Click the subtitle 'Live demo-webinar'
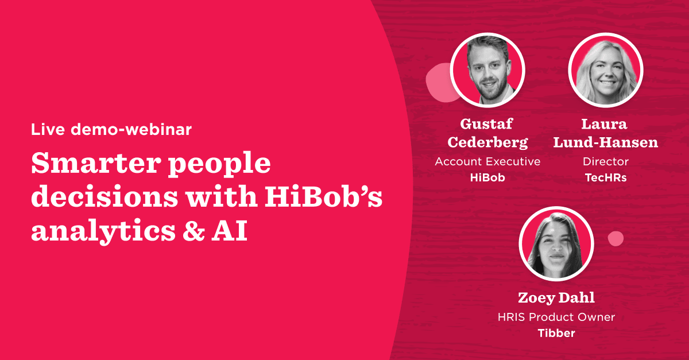point(111,129)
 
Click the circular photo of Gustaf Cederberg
point(487,69)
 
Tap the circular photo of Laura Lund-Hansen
point(605,69)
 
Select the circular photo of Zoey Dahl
point(556,243)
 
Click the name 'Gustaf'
point(487,124)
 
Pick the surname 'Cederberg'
point(487,142)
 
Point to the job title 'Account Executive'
point(487,162)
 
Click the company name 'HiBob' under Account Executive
point(487,177)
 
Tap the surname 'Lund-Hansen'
point(605,142)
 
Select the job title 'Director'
point(605,162)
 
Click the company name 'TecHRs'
point(605,177)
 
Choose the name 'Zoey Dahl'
point(556,298)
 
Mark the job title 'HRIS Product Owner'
point(556,317)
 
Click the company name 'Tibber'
point(556,332)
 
